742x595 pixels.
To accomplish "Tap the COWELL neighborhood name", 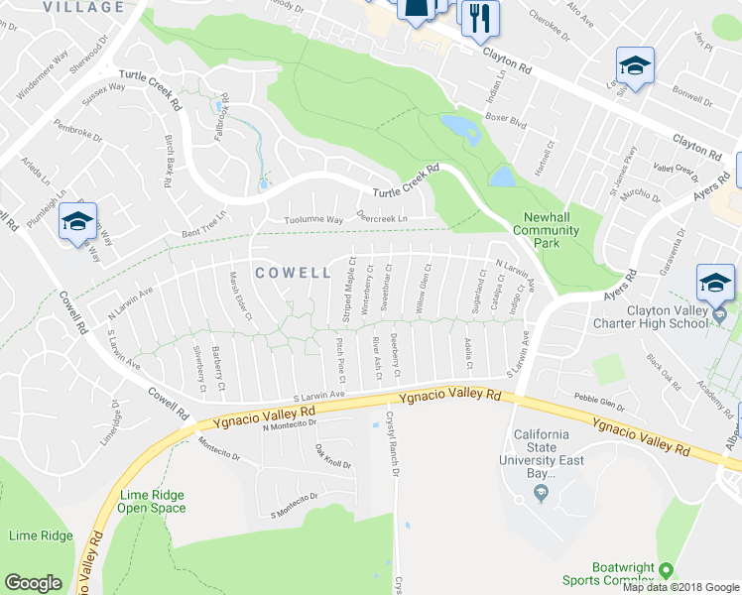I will (x=292, y=272).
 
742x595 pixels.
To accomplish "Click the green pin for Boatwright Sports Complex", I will (x=666, y=571).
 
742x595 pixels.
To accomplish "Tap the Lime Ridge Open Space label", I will (x=152, y=501).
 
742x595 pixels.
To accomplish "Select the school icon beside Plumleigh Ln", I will (x=76, y=221).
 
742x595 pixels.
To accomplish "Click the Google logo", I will (x=33, y=583).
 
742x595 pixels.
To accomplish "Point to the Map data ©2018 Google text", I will (x=680, y=587).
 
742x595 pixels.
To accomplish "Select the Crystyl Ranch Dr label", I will (x=391, y=445).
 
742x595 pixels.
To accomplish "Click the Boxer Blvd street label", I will (x=504, y=128).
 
